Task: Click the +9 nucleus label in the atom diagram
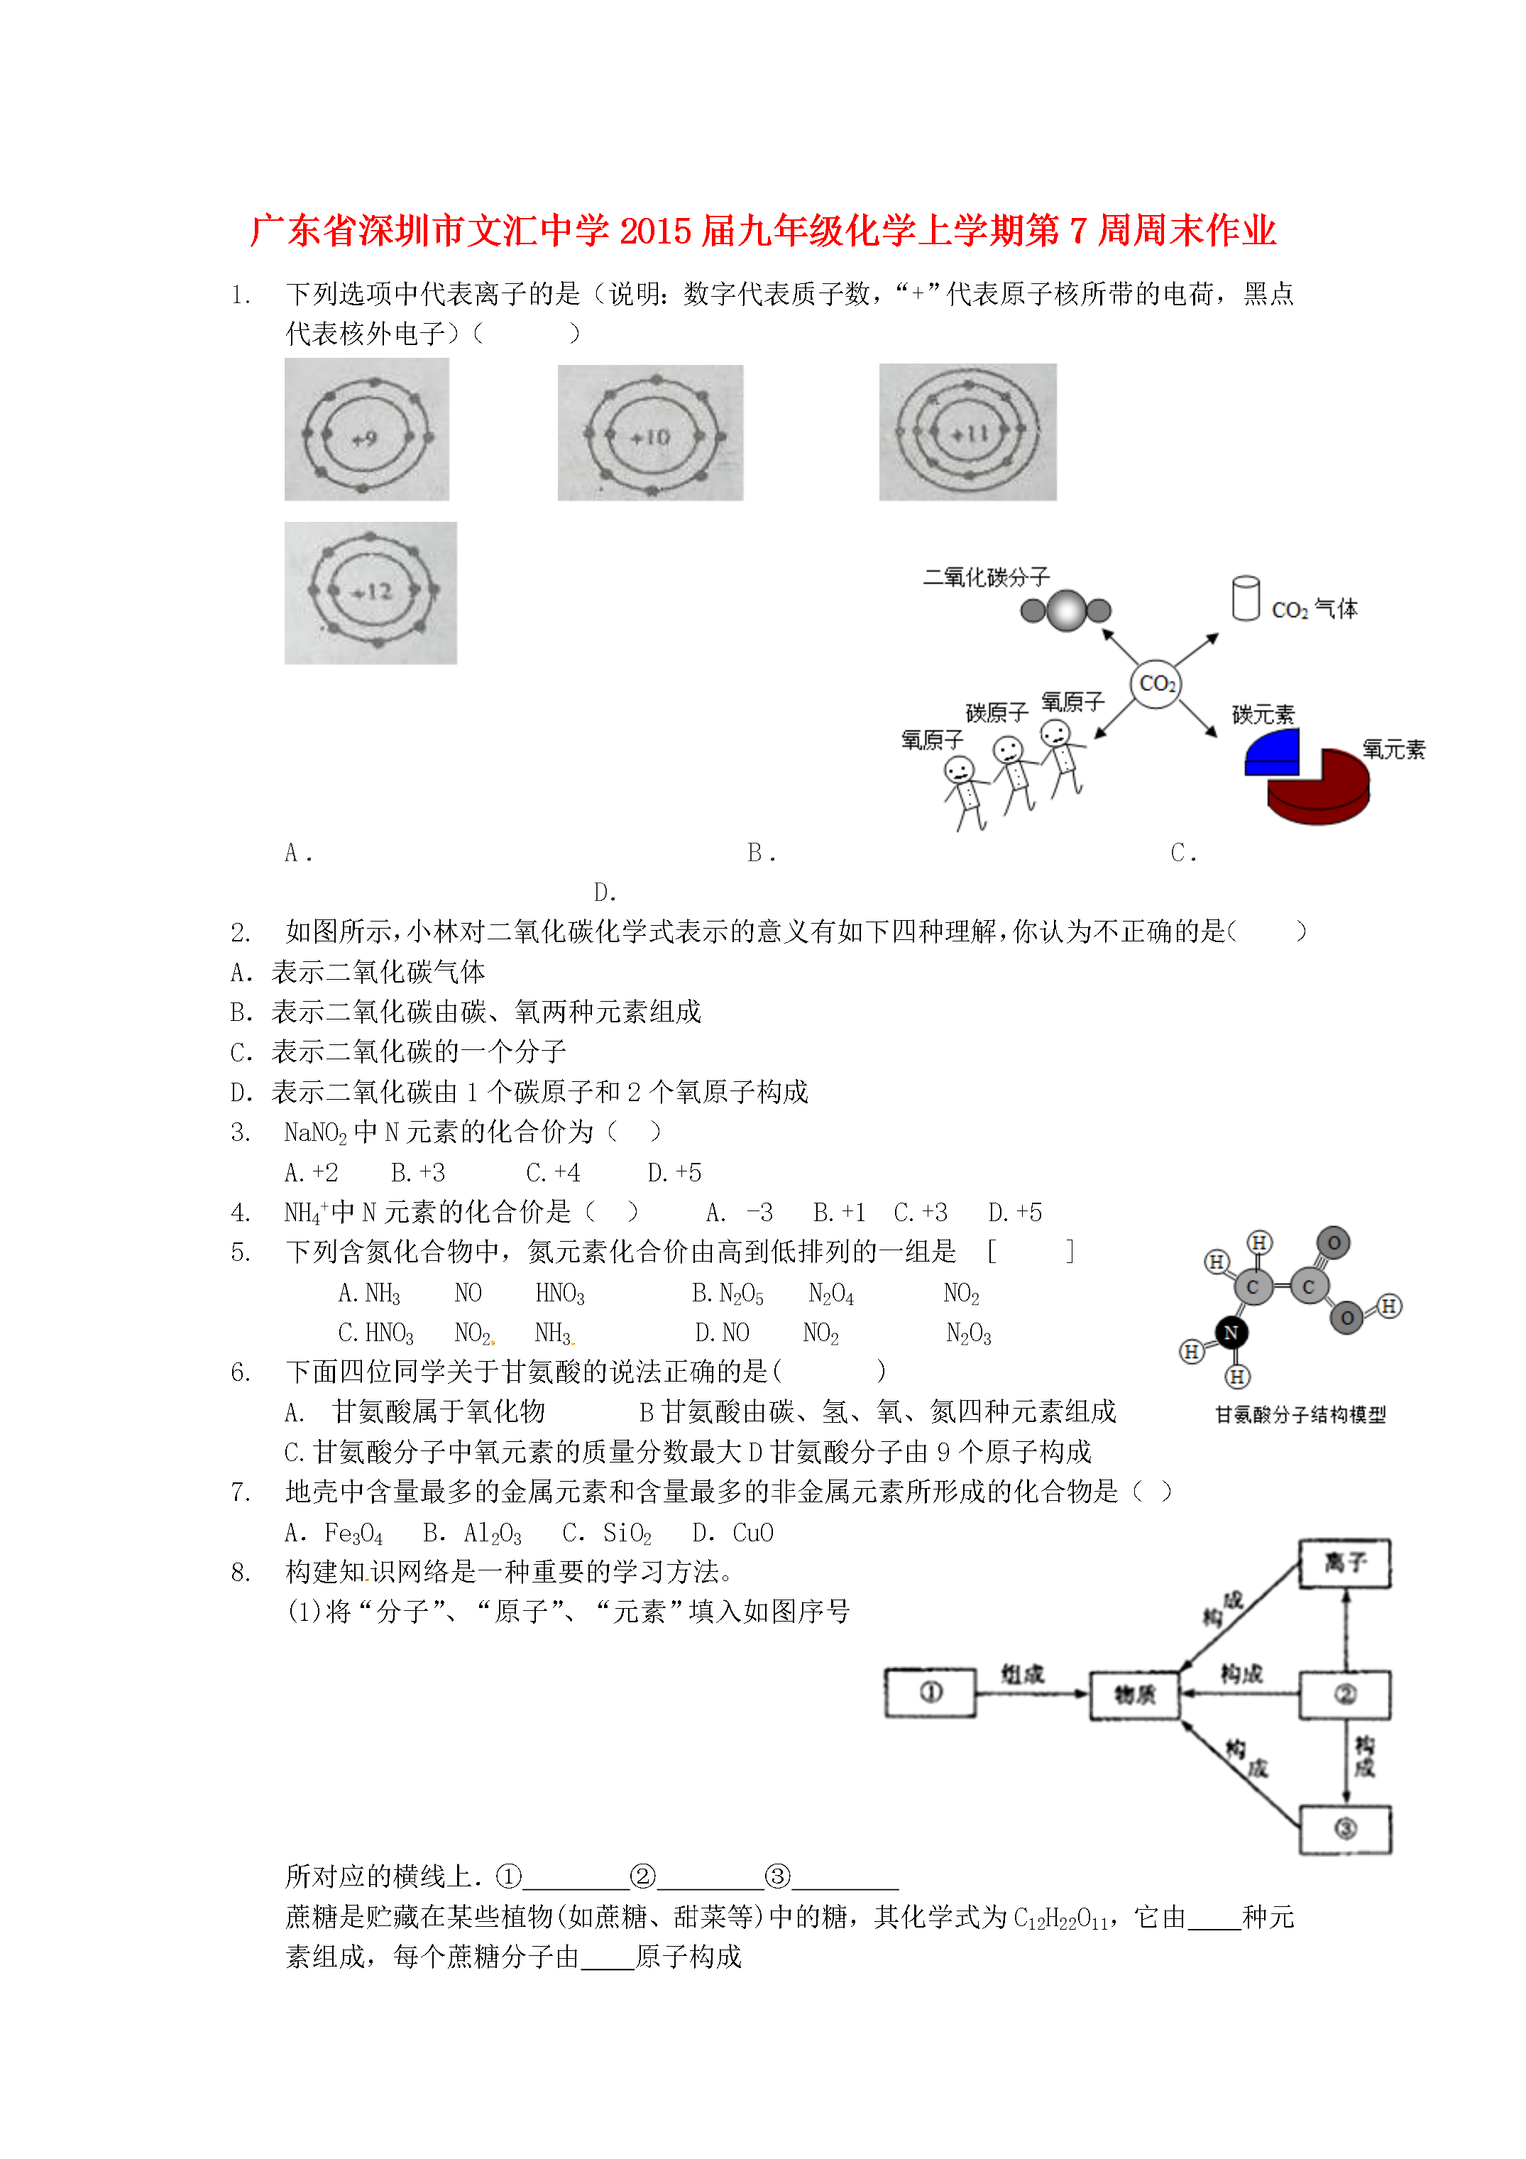pyautogui.click(x=365, y=438)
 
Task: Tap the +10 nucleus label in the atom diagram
pyautogui.click(x=651, y=437)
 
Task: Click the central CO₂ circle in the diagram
pyautogui.click(x=1156, y=684)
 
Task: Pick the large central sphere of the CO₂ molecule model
pyautogui.click(x=1066, y=611)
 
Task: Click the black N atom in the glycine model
pyautogui.click(x=1231, y=1331)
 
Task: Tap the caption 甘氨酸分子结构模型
pyautogui.click(x=1300, y=1414)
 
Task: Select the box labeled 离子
pyautogui.click(x=1344, y=1564)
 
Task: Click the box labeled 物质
pyautogui.click(x=1135, y=1695)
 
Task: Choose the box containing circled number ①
pyautogui.click(x=931, y=1693)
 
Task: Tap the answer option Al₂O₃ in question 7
pyautogui.click(x=492, y=1533)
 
